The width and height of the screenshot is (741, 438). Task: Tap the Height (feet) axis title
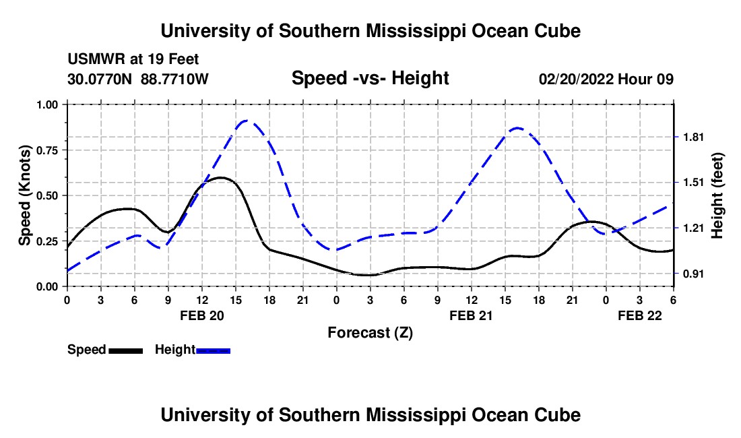point(717,195)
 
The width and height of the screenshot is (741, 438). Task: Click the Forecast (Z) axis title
point(370,332)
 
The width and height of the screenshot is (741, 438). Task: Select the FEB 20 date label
point(201,315)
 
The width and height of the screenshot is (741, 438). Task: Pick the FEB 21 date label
point(471,315)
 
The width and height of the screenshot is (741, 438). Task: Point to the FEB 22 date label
point(640,315)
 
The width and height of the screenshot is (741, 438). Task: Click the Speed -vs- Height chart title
point(370,78)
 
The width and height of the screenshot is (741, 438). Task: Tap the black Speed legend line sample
point(126,350)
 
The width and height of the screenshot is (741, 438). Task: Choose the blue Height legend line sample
point(213,350)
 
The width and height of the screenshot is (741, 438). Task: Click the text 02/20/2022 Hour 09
point(606,79)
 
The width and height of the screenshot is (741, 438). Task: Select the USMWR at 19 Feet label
point(133,60)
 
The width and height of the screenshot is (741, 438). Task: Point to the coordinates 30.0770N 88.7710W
point(138,79)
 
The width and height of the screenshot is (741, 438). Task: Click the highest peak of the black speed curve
point(220,178)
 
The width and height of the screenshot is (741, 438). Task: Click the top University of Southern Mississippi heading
point(370,31)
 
